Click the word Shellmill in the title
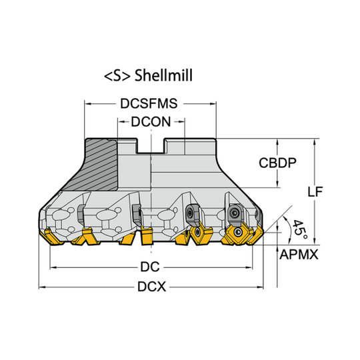tap(163, 76)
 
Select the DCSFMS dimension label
tap(150, 104)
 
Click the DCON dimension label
tap(151, 121)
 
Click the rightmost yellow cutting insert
tap(239, 233)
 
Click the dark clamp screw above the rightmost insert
tap(237, 212)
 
